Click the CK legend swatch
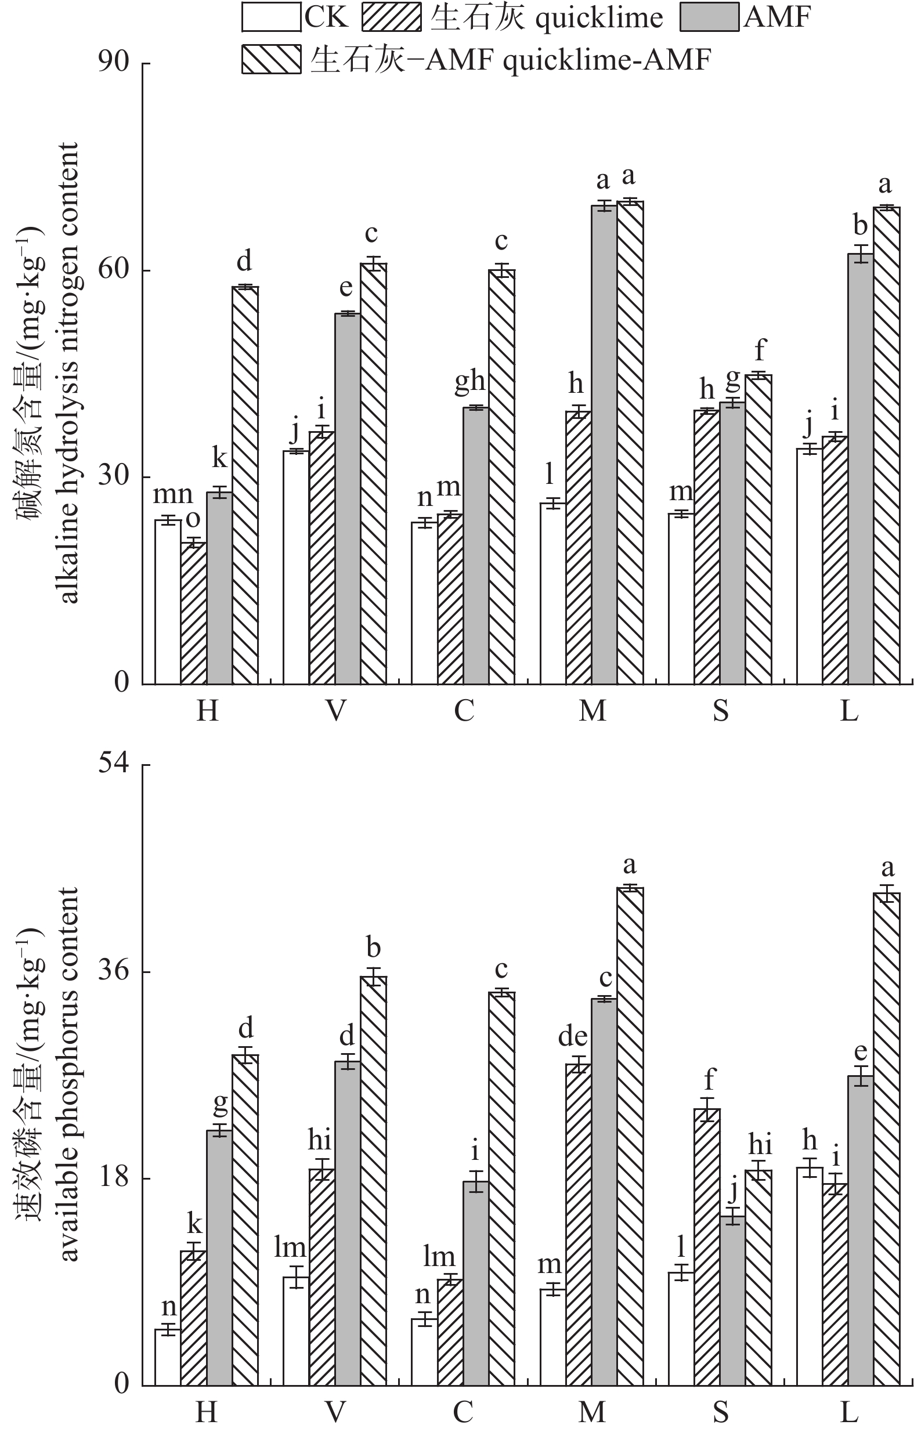pyautogui.click(x=270, y=17)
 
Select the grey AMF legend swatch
pyautogui.click(x=711, y=17)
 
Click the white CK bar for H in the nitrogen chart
pyautogui.click(x=168, y=602)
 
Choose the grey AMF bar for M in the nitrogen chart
pyautogui.click(x=604, y=445)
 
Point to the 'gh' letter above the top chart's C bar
pyautogui.click(x=470, y=382)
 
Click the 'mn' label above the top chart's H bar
pyautogui.click(x=173, y=495)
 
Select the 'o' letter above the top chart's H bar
pyautogui.click(x=193, y=520)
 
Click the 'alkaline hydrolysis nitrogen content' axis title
pyautogui.click(x=70, y=374)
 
